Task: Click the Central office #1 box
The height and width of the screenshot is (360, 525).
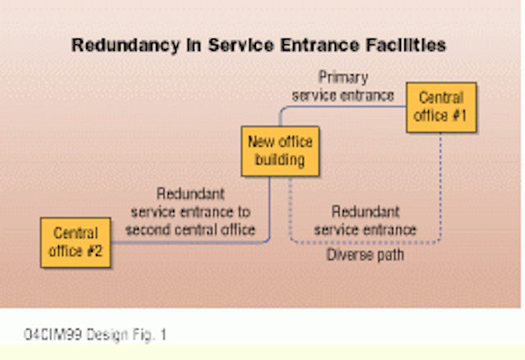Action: [x=441, y=107]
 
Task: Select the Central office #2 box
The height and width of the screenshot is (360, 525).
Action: [x=75, y=243]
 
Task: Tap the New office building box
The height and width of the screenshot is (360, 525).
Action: [x=281, y=151]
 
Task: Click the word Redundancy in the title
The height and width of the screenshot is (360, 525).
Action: [x=126, y=45]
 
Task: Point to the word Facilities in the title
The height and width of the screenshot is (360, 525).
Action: [x=406, y=44]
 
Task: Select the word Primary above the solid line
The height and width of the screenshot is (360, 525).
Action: [x=343, y=78]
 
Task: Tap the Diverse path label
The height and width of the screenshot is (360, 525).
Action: [x=365, y=255]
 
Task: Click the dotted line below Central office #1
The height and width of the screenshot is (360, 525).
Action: [x=441, y=186]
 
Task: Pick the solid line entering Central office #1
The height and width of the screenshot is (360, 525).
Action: [x=335, y=107]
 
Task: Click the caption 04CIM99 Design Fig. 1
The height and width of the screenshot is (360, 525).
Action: [x=95, y=335]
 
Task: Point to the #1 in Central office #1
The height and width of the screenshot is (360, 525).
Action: [x=459, y=116]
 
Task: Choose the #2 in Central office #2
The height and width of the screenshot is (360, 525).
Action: [x=94, y=251]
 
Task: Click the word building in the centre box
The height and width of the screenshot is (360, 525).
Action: [x=280, y=160]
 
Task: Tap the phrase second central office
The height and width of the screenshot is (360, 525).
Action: [x=190, y=230]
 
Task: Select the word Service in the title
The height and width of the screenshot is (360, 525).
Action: [x=241, y=45]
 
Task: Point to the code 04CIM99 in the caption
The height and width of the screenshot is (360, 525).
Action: [x=52, y=335]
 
